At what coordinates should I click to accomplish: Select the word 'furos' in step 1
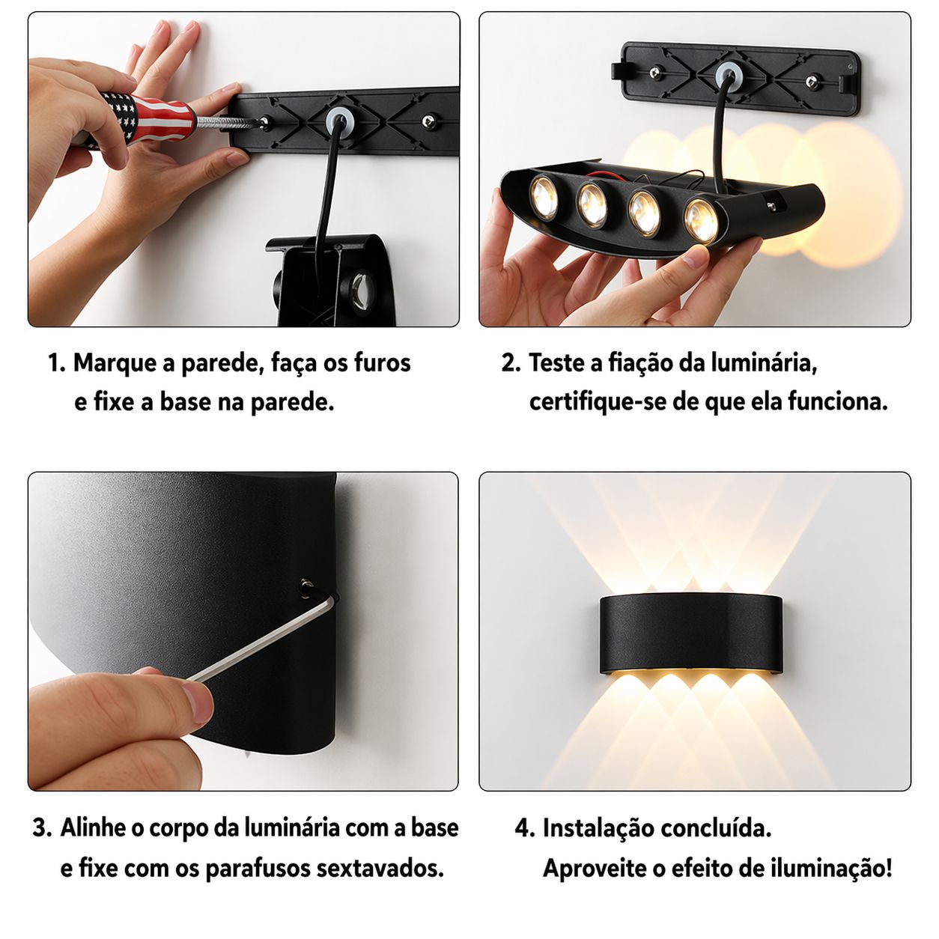[382, 363]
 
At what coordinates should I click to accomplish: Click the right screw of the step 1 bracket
[429, 121]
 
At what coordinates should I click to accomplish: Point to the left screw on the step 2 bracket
[654, 73]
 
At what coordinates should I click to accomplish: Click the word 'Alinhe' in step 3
[93, 828]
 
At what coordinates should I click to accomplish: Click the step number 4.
[523, 828]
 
